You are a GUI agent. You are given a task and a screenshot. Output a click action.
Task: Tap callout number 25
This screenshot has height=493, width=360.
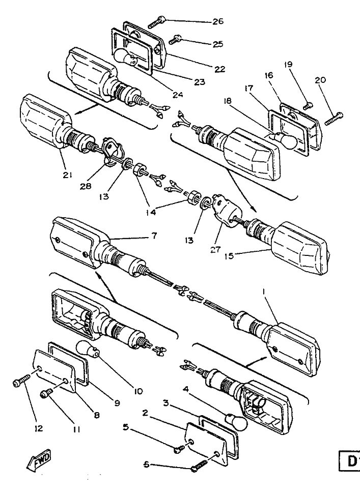(217, 44)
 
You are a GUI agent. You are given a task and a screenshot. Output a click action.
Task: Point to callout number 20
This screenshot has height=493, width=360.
(321, 80)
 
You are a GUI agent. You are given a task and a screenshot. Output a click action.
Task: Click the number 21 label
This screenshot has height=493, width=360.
(68, 176)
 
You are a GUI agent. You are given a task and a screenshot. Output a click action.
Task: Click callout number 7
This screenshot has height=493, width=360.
(154, 236)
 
